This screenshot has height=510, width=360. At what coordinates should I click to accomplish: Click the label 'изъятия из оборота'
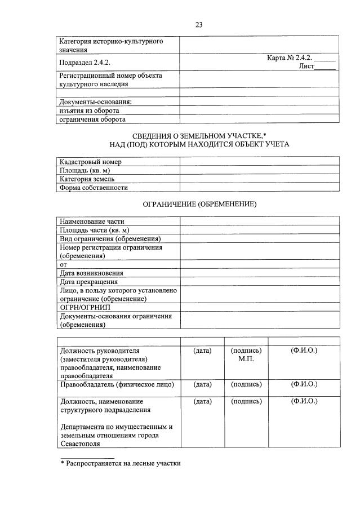[x=88, y=110]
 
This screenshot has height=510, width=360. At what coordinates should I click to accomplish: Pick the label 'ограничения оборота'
[x=92, y=119]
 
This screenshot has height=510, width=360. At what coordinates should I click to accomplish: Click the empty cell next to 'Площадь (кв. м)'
[x=259, y=170]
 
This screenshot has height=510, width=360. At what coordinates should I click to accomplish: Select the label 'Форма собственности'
[x=94, y=188]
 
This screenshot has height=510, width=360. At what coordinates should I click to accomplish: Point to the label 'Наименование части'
[x=92, y=221]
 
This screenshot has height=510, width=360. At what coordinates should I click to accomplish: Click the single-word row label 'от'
[x=63, y=264]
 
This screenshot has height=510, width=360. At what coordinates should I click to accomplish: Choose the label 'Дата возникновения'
[x=91, y=273]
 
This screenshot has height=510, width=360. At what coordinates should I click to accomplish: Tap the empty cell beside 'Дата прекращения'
[x=259, y=282]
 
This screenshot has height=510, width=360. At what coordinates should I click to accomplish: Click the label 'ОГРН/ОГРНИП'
[x=85, y=308]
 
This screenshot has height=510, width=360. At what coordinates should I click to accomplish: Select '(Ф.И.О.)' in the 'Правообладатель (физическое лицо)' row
[x=304, y=384]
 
